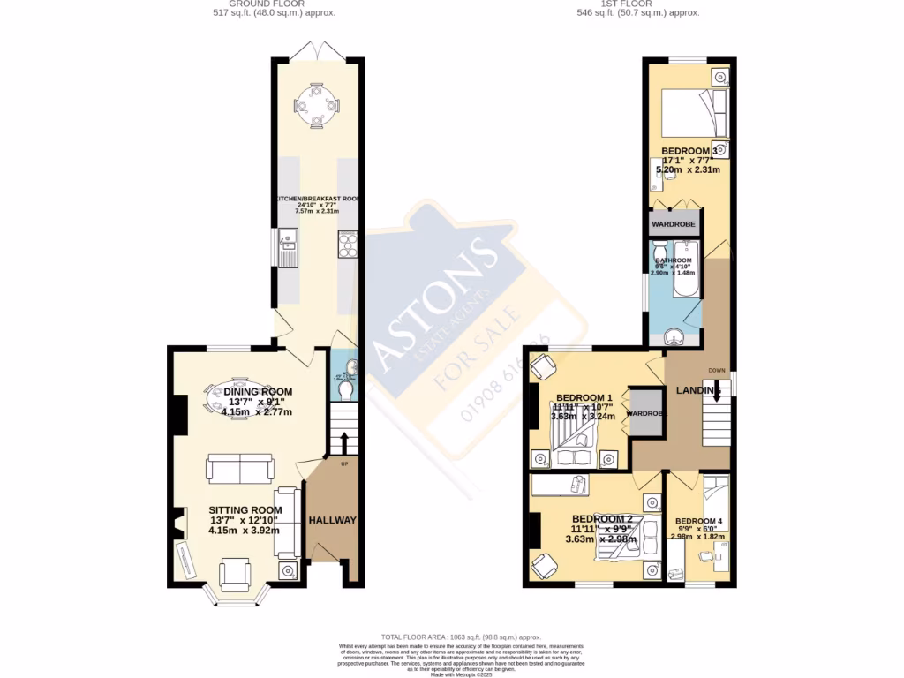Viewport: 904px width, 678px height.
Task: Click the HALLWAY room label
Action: coord(332,521)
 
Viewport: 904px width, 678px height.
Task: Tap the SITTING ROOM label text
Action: coord(245,510)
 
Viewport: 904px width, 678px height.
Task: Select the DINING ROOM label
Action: coord(257,392)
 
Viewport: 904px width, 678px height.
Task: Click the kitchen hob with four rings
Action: coord(347,244)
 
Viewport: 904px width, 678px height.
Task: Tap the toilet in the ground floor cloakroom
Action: coord(346,389)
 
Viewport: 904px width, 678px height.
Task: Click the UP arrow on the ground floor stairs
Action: coord(343,441)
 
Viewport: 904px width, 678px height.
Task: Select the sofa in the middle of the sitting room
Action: coord(240,469)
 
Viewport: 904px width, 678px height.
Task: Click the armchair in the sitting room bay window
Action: coord(237,576)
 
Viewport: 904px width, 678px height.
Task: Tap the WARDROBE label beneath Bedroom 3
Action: coord(674,224)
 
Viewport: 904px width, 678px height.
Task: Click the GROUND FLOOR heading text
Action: coord(275,4)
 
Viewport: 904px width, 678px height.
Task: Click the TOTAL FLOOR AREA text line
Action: coord(460,637)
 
